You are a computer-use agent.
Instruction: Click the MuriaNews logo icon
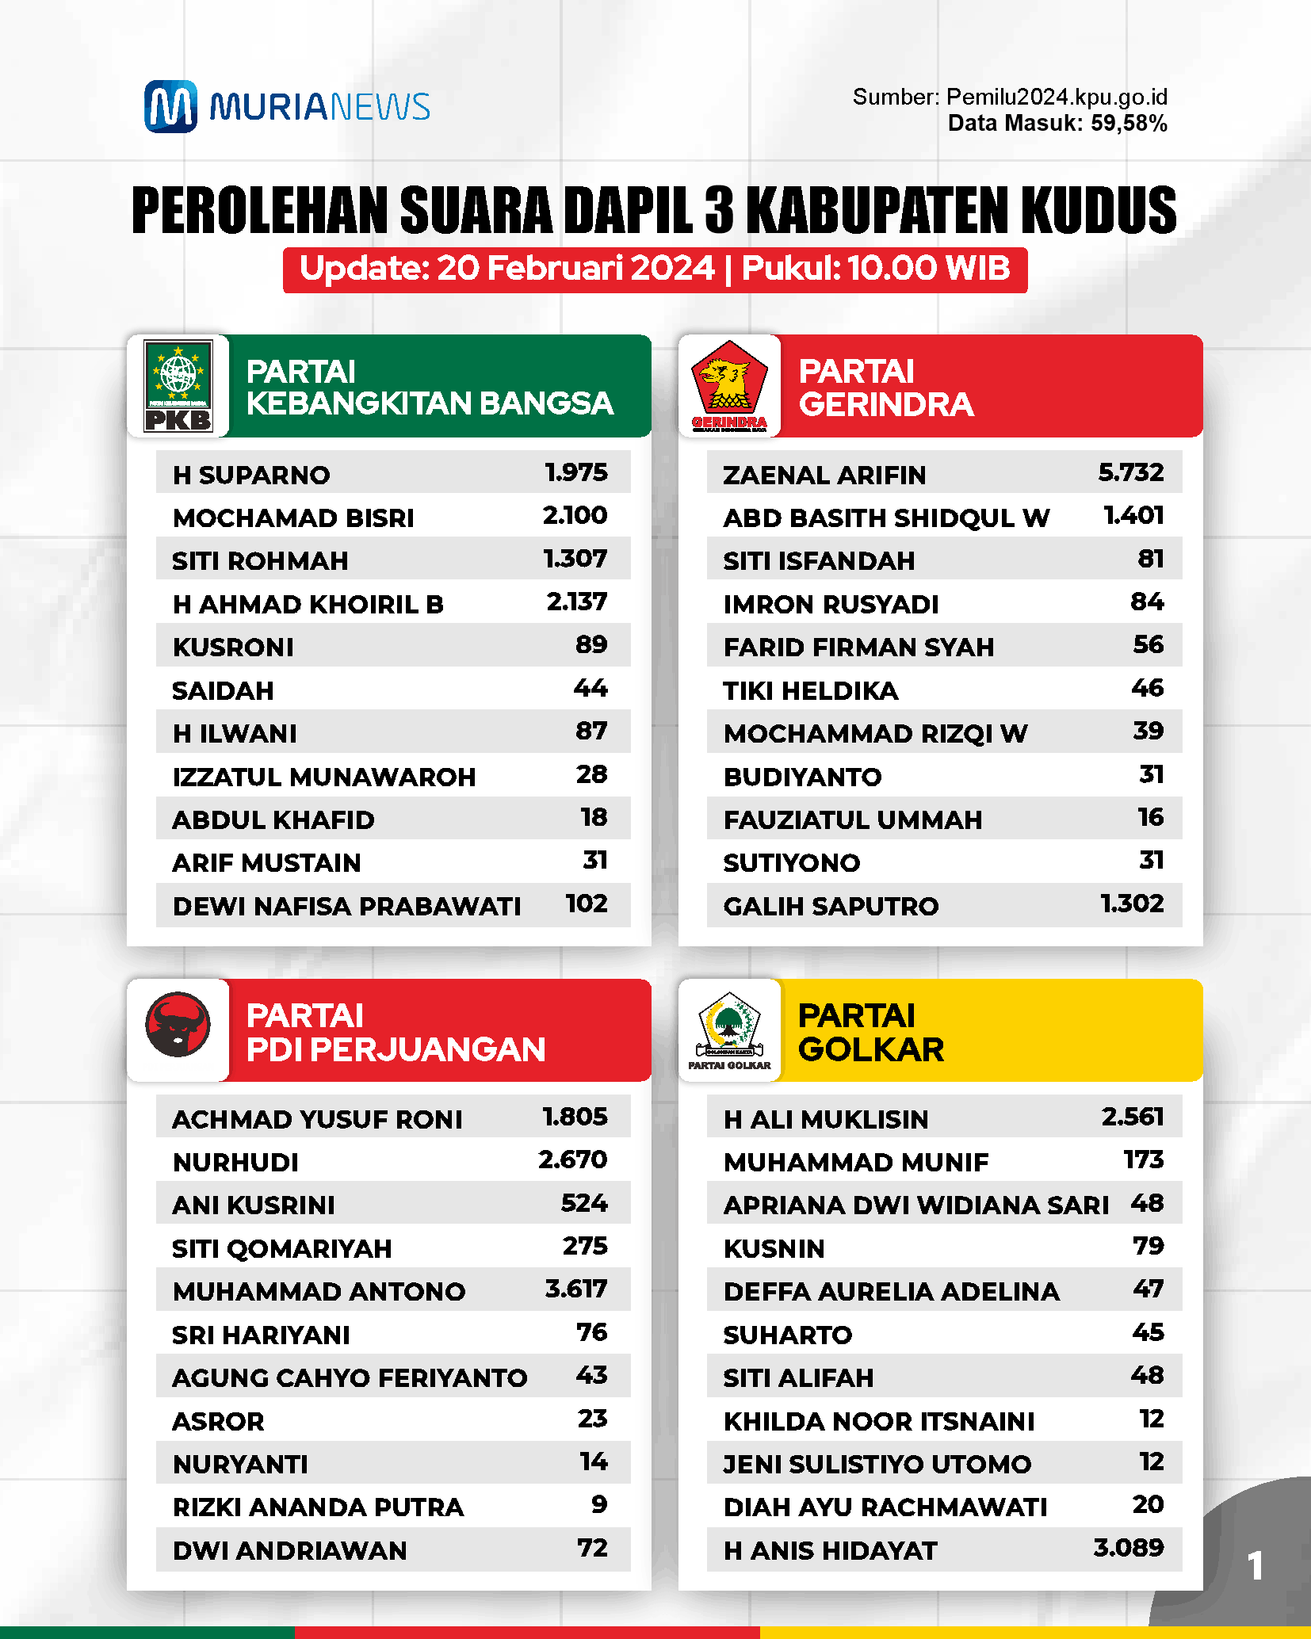(170, 106)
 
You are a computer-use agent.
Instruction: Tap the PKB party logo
(178, 386)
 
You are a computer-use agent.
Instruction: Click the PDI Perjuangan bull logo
(178, 1025)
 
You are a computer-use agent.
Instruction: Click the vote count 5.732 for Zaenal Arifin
(1130, 473)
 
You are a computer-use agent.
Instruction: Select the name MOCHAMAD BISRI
(293, 518)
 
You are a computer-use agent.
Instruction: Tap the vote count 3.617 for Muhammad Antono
(575, 1289)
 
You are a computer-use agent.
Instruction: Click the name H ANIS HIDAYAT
(830, 1551)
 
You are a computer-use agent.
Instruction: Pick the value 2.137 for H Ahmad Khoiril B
(576, 602)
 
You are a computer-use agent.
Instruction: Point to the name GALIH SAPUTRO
(831, 907)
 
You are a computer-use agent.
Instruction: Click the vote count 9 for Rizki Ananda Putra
(599, 1505)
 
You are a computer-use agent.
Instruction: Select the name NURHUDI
(235, 1163)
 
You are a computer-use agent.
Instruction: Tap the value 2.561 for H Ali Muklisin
(1132, 1117)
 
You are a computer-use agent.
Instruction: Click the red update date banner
(655, 269)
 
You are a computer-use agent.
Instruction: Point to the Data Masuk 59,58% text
(1057, 124)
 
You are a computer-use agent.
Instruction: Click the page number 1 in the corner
(1255, 1566)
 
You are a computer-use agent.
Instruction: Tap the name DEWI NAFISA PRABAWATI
(346, 907)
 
